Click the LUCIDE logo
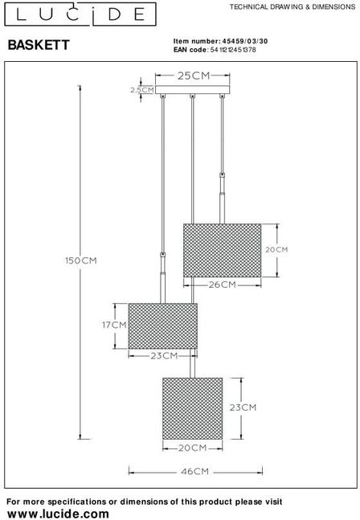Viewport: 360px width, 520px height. tap(80, 14)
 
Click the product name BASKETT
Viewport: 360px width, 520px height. tap(39, 45)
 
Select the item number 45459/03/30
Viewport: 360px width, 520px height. tap(245, 41)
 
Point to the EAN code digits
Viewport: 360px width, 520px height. tap(233, 50)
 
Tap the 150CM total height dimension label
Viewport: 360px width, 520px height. tap(81, 260)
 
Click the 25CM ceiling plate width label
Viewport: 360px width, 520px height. tap(194, 76)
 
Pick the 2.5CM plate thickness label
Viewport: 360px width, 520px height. tap(142, 90)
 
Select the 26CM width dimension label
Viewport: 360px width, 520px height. tap(223, 285)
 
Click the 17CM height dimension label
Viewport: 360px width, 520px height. tap(114, 325)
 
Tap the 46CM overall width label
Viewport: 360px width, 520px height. tap(195, 471)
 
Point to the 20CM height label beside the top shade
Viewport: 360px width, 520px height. tap(276, 250)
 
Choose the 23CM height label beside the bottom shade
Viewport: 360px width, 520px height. tap(243, 407)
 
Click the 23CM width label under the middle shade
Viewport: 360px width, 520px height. tap(165, 356)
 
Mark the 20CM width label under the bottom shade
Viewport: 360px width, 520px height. tap(193, 448)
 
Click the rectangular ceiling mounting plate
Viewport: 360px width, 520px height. tap(193, 89)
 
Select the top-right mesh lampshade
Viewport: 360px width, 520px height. tap(223, 251)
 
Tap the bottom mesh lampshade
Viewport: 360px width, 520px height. tap(193, 408)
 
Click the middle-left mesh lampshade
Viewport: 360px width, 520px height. tap(163, 326)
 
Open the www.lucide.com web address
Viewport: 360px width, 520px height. tap(58, 514)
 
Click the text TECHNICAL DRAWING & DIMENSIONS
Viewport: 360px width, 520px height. tap(292, 6)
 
